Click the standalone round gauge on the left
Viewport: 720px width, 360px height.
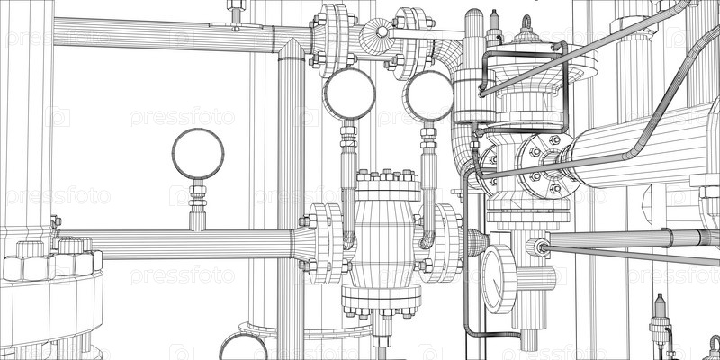pos(198,154)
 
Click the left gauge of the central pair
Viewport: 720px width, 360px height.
pos(349,94)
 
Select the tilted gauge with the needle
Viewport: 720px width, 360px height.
pos(497,278)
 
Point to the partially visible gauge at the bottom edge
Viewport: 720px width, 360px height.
pos(243,347)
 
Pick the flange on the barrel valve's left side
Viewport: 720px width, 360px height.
pos(325,243)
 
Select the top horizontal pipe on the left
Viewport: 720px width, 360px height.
pos(162,34)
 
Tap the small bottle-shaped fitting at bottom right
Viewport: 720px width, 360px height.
pos(659,319)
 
